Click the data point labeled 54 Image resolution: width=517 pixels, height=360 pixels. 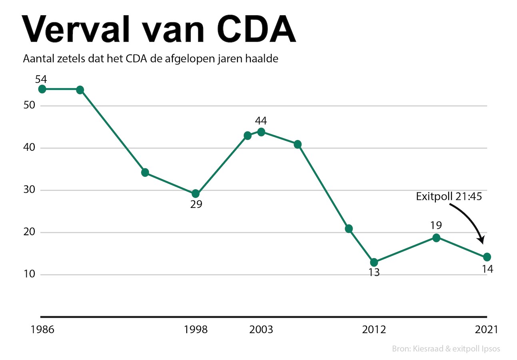42,89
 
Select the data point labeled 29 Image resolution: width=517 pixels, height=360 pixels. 196,194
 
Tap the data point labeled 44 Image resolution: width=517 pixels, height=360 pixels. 261,132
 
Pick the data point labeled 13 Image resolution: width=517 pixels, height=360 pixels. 374,262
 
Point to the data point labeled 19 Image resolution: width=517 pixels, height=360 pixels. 436,238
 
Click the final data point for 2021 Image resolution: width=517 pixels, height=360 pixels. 487,257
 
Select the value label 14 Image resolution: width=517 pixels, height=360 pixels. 487,269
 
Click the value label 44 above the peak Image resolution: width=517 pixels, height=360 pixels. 261,121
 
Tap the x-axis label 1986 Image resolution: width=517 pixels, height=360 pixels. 42,330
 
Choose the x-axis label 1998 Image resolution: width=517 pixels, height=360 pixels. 196,330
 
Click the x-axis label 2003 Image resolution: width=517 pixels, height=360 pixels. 261,330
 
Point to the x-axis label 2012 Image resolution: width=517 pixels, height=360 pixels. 374,330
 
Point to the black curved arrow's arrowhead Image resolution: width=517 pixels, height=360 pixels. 482,240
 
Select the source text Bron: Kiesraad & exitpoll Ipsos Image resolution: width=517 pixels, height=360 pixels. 446,348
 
